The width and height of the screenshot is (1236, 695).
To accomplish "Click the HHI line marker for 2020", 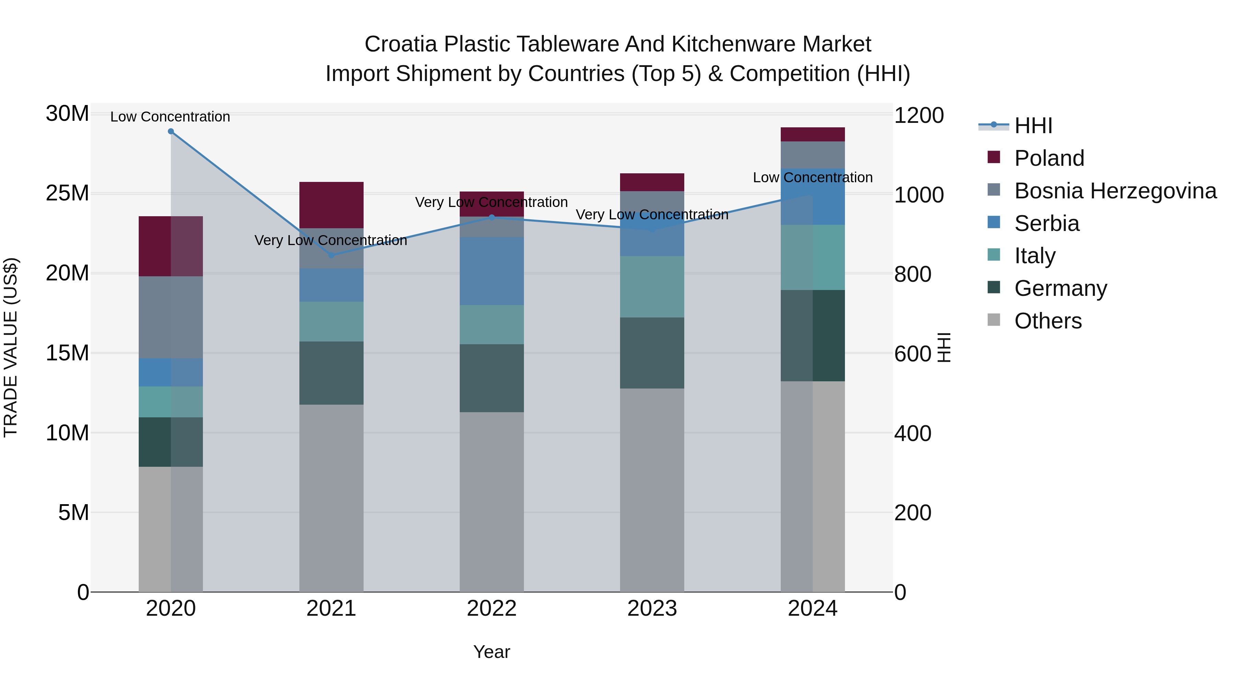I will [171, 131].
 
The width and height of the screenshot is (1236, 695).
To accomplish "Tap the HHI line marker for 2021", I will [331, 255].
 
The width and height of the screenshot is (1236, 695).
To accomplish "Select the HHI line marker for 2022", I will [491, 217].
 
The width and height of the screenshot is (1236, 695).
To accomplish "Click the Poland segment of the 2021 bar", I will [331, 205].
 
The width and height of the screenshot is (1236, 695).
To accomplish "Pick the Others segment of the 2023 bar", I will [652, 489].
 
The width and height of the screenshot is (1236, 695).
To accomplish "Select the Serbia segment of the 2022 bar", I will [491, 271].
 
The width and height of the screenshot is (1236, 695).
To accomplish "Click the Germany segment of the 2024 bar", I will [812, 335].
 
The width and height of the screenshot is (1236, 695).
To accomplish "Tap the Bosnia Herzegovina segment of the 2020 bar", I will [171, 317].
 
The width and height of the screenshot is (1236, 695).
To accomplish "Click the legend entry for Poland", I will [1049, 158].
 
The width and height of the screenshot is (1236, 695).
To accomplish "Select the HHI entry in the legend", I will [1033, 126].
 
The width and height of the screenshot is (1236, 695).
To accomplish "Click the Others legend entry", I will [1048, 321].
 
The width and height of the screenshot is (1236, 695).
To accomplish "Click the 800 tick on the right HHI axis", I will [913, 274].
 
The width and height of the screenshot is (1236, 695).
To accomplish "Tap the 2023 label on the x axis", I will [652, 609].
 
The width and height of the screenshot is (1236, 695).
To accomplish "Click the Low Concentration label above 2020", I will [170, 117].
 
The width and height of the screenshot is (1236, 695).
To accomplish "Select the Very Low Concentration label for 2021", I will [331, 240].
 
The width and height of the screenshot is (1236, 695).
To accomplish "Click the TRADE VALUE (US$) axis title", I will [11, 347].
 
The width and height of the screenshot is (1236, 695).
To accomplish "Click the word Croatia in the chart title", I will [401, 44].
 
